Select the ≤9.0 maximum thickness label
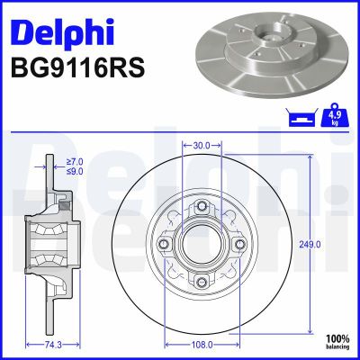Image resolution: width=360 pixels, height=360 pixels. pos(74,170)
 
